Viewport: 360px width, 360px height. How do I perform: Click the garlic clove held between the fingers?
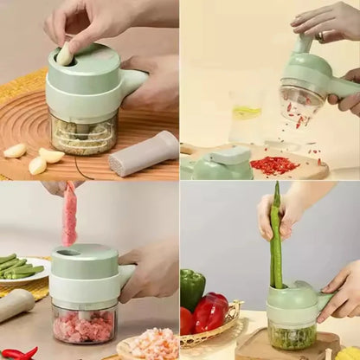pyautogui.click(x=65, y=55)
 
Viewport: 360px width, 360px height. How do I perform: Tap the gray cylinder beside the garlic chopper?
pyautogui.click(x=145, y=152)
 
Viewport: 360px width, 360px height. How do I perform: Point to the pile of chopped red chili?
pyautogui.click(x=274, y=164)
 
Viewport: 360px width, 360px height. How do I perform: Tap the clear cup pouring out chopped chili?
pyautogui.click(x=299, y=102)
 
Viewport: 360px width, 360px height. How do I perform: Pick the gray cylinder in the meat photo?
pyautogui.click(x=16, y=304)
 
